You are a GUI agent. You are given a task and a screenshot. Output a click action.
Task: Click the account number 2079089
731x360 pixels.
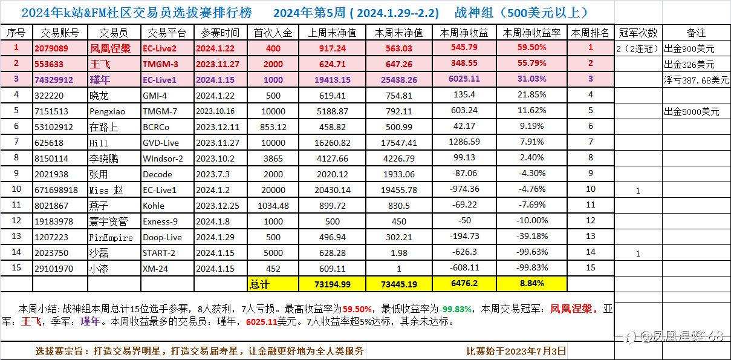[51, 48]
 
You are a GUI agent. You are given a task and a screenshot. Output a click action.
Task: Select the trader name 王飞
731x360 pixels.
[100, 64]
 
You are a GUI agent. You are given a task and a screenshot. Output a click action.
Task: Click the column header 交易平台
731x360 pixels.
[167, 33]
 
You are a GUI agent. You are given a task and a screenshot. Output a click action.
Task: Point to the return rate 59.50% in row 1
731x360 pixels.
[531, 48]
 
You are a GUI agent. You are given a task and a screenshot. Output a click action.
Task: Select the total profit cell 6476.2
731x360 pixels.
[464, 283]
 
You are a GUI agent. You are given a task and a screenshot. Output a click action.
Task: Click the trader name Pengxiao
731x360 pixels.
[106, 111]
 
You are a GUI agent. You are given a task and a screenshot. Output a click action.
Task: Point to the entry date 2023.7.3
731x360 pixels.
[213, 174]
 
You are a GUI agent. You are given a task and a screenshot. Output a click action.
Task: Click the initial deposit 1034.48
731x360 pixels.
[273, 205]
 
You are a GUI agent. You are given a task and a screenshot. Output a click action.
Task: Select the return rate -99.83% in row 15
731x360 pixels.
[531, 268]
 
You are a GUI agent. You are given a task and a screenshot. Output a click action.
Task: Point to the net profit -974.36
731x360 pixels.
[464, 189]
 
